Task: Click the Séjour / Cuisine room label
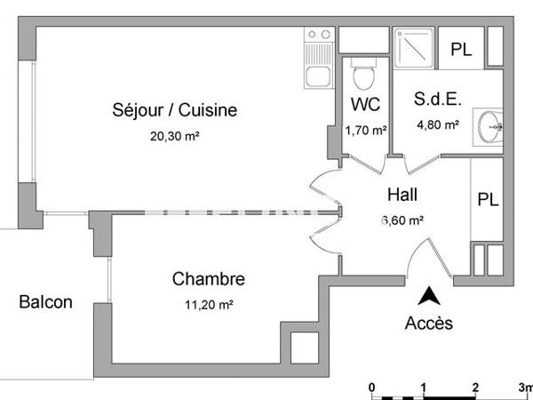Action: [x=175, y=110]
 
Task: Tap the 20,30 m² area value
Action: [x=175, y=137]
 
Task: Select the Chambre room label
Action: [x=208, y=280]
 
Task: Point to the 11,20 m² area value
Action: [x=208, y=304]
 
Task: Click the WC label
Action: [x=365, y=103]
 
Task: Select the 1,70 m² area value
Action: [x=365, y=131]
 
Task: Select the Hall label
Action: [x=402, y=195]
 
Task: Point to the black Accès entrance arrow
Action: [x=428, y=296]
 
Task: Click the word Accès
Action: [x=428, y=323]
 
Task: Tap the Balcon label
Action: [x=45, y=302]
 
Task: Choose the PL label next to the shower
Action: [x=461, y=50]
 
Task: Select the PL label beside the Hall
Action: [x=488, y=199]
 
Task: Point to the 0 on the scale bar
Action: [x=372, y=388]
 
